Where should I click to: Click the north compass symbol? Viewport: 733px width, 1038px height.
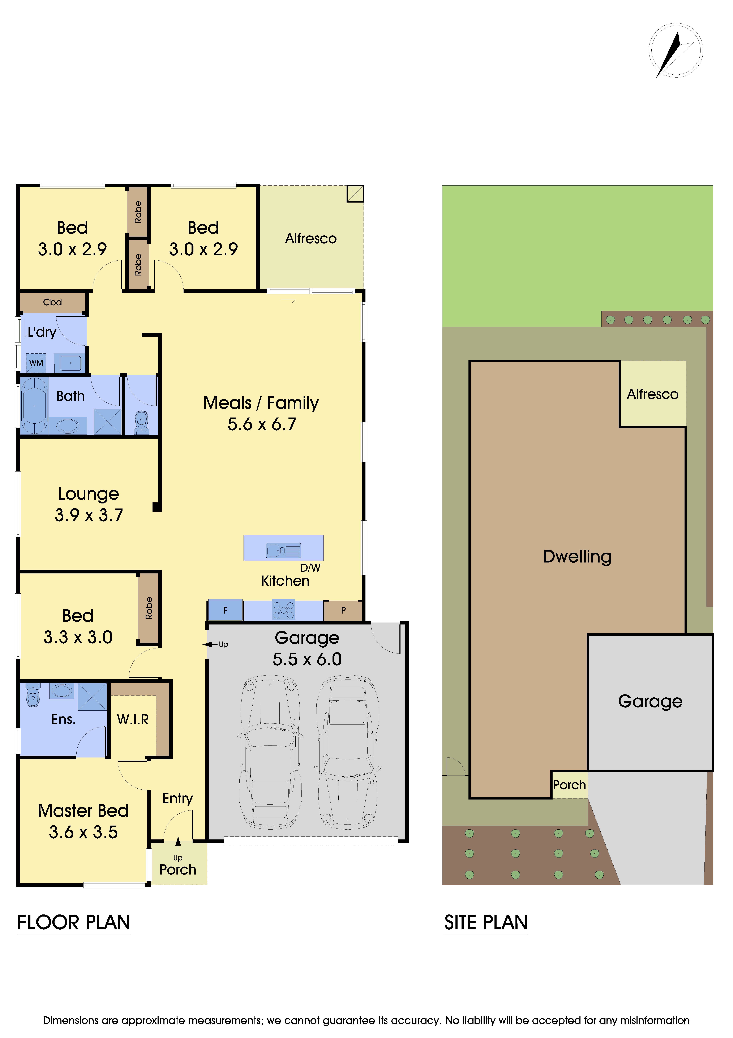coord(676,51)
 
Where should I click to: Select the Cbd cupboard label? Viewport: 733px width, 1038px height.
coord(52,302)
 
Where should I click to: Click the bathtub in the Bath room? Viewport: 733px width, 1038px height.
coord(34,406)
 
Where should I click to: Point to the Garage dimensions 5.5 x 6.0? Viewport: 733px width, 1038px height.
coord(307,659)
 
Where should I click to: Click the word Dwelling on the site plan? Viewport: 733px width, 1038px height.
coord(577,557)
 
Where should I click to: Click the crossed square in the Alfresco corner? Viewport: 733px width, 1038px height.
coord(355,194)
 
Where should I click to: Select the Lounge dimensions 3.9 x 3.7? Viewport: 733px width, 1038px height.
coord(89,515)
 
